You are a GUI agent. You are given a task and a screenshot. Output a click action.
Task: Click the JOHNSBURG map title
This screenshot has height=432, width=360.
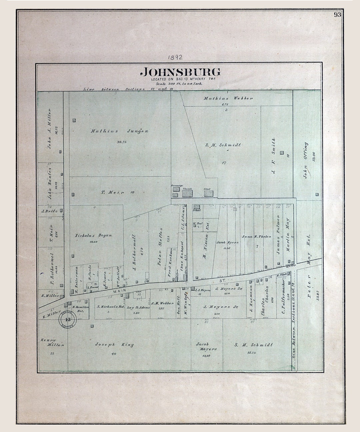click(180, 72)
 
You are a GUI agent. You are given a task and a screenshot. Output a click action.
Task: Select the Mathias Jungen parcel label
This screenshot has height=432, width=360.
click(119, 131)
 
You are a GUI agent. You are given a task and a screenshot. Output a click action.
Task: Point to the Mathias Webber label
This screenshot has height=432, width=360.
click(228, 98)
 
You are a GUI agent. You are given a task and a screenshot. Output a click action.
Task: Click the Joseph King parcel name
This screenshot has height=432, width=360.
click(114, 345)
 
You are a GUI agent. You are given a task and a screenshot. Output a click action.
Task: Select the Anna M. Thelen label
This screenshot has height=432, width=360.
click(257, 237)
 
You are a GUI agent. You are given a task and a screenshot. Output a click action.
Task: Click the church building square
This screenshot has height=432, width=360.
click(187, 193)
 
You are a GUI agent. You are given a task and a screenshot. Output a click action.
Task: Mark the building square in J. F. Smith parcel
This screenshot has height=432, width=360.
click(282, 153)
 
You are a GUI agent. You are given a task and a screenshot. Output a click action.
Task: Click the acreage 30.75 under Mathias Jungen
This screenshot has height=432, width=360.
click(122, 142)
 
